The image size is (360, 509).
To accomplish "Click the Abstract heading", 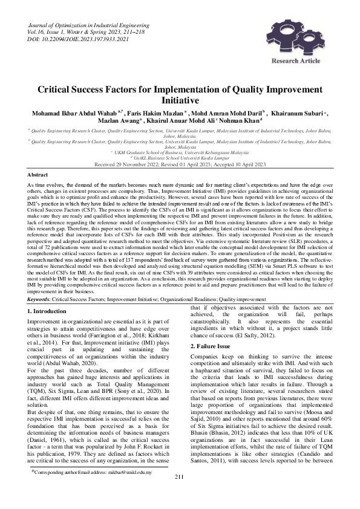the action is (38, 173).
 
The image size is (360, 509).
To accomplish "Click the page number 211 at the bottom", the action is (179, 494).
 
